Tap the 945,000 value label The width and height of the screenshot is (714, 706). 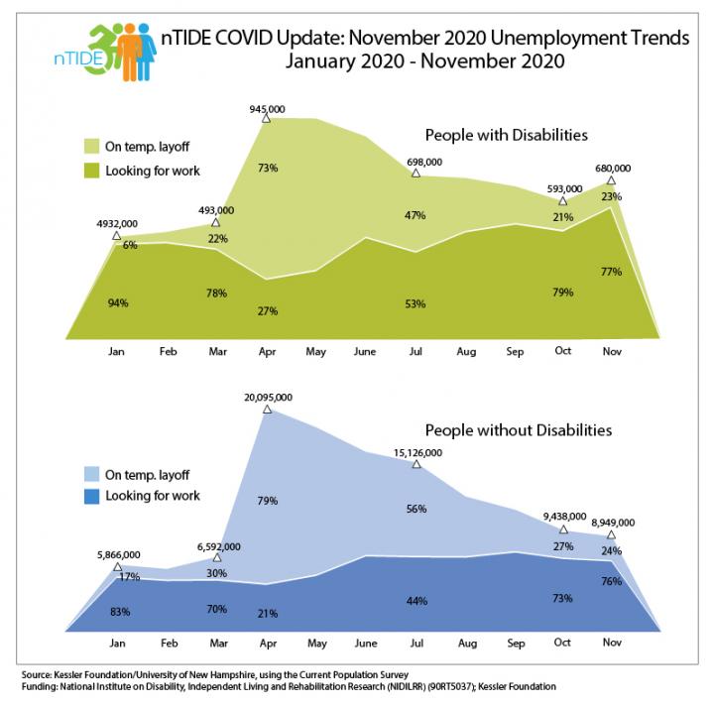coord(268,108)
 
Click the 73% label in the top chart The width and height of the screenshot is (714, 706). coord(268,169)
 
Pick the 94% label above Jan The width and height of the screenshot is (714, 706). coord(117,302)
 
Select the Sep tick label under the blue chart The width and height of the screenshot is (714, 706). coord(514,644)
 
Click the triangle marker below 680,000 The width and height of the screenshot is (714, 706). coord(612,180)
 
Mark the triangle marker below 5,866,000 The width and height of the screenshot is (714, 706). coord(117,566)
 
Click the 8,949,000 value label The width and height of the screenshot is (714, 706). coord(612,523)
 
